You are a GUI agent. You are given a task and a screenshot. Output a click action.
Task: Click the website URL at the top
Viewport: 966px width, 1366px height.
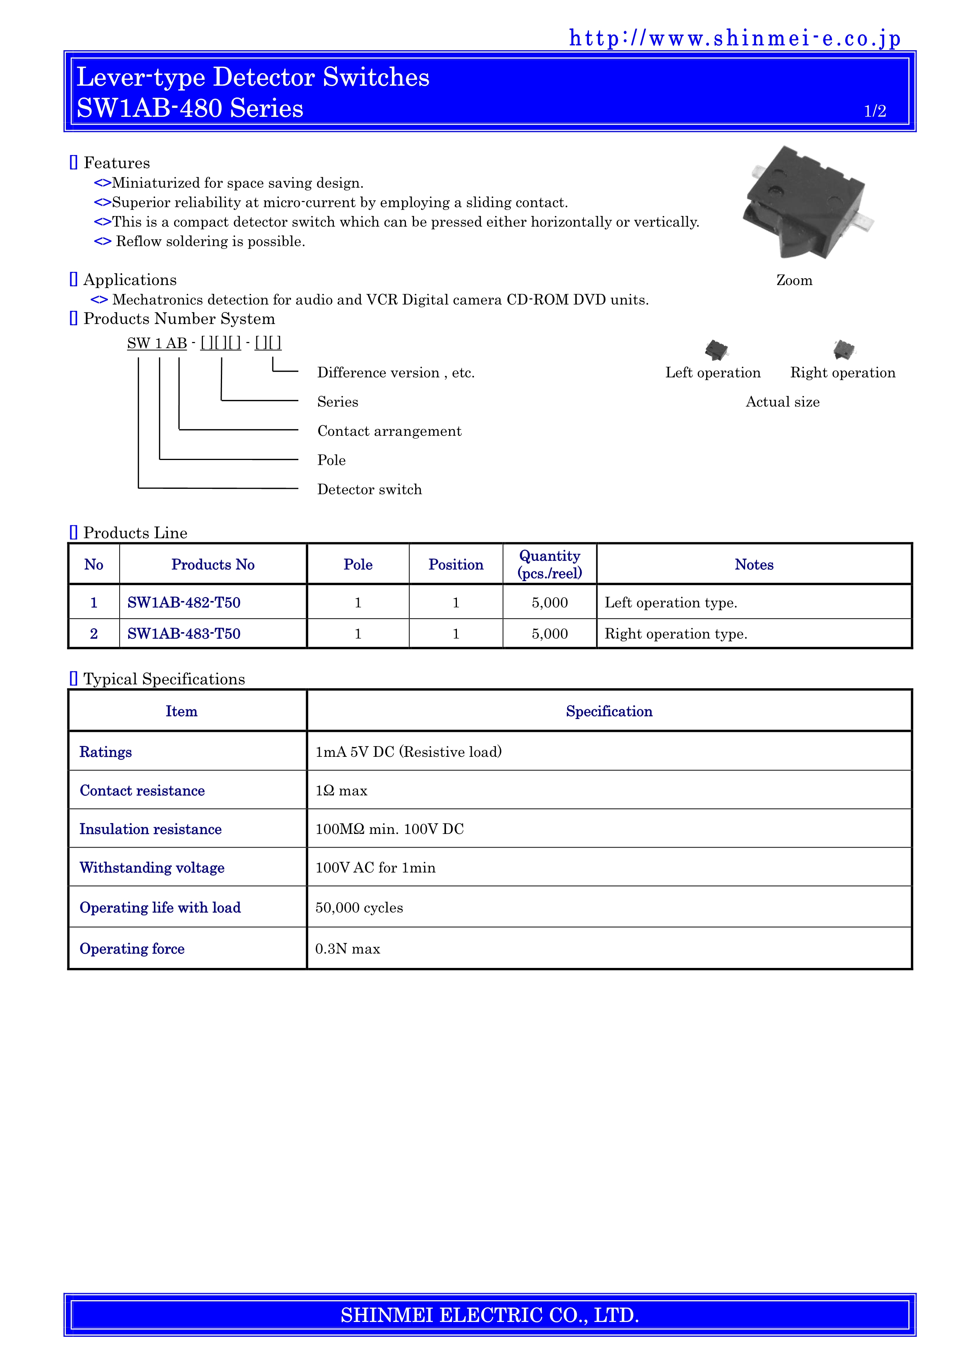(735, 39)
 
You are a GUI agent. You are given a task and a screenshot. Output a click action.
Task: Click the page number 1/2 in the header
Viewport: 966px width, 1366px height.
(874, 111)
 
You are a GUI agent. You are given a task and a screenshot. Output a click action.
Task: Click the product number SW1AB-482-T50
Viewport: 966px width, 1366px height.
(184, 603)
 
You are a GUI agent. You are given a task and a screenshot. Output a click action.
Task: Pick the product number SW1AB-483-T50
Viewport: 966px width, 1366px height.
(184, 634)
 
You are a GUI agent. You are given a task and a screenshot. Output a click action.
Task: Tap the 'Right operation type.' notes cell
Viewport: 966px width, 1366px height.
(676, 634)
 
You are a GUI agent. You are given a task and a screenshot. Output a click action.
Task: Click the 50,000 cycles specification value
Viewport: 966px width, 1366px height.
(359, 907)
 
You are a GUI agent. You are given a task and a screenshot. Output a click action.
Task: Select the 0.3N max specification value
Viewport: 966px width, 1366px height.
(347, 948)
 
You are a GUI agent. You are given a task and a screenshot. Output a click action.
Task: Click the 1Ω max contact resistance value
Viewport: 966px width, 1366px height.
(342, 791)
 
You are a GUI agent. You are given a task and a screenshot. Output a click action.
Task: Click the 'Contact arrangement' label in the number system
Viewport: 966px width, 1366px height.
(389, 431)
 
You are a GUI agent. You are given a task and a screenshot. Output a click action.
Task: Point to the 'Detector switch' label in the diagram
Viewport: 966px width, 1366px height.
(369, 489)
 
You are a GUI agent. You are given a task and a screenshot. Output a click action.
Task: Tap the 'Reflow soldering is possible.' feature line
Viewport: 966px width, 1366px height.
(210, 241)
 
